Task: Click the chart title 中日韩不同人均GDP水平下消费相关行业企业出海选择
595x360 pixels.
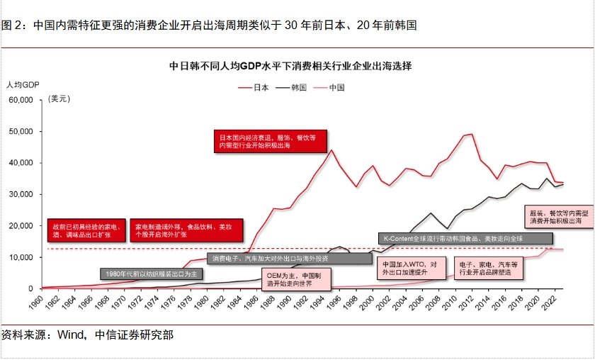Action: tap(290, 66)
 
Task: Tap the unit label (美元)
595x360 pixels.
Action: tap(59, 99)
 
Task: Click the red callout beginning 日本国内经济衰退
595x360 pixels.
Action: tap(271, 140)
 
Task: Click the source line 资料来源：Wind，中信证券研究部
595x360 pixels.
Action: tap(87, 334)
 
